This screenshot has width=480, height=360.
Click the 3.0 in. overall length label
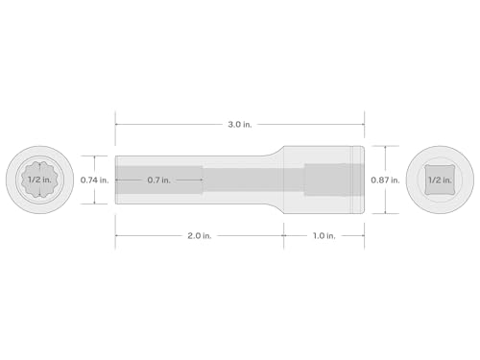(x=240, y=125)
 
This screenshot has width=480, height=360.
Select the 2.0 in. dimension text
(x=200, y=236)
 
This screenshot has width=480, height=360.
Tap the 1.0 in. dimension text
(x=324, y=236)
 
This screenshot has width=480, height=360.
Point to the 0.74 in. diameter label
(x=94, y=180)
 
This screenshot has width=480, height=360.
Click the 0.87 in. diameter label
(x=385, y=180)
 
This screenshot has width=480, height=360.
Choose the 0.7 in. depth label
(x=158, y=180)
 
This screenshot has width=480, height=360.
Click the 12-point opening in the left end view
(x=39, y=180)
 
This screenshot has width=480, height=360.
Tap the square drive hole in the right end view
(x=440, y=180)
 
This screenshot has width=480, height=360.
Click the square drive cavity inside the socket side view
(x=334, y=180)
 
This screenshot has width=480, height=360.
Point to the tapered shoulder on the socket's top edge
(x=275, y=152)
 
